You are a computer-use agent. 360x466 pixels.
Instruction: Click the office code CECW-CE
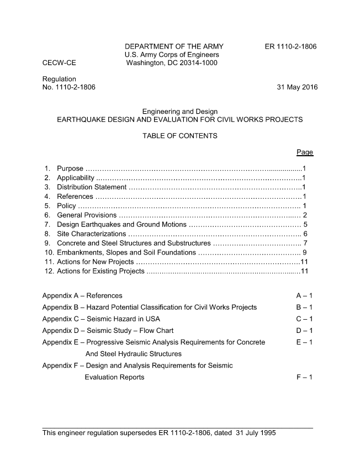click(59, 63)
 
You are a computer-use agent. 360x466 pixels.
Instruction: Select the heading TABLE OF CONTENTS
click(179, 136)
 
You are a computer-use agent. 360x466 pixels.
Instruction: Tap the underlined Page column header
click(304, 152)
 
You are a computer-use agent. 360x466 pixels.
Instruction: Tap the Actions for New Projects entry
click(95, 262)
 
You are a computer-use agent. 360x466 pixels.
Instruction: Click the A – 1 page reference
click(304, 296)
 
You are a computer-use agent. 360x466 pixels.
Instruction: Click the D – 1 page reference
click(304, 331)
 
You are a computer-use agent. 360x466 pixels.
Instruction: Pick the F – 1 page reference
click(304, 377)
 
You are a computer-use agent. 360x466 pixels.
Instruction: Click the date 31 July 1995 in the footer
click(255, 433)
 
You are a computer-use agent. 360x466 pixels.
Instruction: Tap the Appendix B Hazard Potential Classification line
click(149, 308)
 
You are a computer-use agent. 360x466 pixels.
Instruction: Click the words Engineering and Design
click(179, 112)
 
